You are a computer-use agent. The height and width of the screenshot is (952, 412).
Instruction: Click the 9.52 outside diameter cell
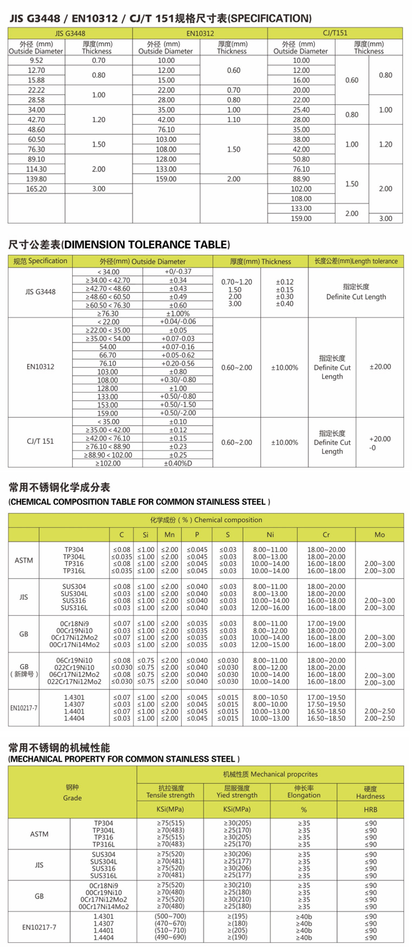pos(36,61)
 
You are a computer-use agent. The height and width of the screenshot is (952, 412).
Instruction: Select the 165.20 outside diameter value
pos(36,189)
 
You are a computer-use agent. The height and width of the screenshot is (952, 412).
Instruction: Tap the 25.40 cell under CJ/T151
pos(301,110)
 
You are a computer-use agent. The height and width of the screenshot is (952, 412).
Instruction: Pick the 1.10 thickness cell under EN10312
pos(233,119)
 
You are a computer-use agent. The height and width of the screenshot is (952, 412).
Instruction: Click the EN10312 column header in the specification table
pos(199,34)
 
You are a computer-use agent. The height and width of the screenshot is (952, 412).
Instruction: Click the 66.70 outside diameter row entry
pos(108,355)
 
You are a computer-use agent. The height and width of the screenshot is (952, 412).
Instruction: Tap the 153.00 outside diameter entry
pos(108,405)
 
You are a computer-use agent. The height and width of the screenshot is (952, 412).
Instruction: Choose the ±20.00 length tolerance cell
pos(379,367)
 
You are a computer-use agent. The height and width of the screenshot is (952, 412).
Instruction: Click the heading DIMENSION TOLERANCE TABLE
pos(119,245)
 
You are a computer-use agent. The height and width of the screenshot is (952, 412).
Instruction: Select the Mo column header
pos(379,534)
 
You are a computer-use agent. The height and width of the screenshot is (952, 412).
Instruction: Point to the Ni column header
pos(270,534)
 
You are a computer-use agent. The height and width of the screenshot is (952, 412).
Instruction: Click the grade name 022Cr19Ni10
pos(74,667)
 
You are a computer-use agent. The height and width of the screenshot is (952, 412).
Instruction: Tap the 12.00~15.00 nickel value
pos(270,645)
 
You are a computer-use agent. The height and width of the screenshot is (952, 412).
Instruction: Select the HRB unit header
pos(370,809)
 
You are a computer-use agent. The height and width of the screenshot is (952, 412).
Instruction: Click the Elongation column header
pos(304,792)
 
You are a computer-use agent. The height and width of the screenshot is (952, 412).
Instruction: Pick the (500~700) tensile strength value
pos(170,916)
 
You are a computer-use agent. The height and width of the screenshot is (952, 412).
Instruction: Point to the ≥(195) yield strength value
pos(236,916)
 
